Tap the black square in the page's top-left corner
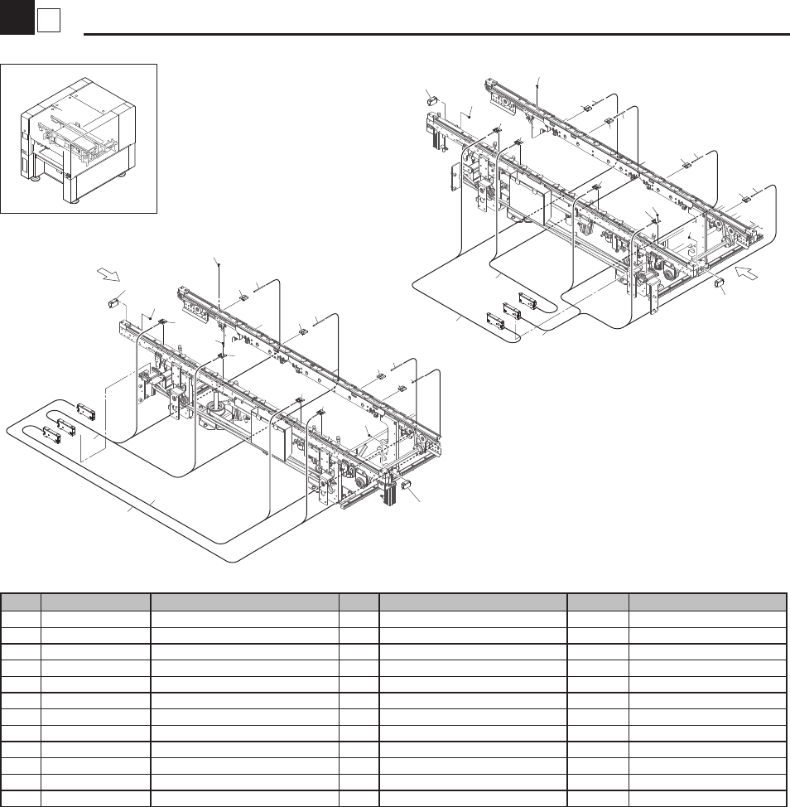(x=17, y=18)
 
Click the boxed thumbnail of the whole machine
(x=79, y=138)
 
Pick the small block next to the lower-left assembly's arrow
(x=115, y=302)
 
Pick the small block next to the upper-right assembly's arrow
(x=720, y=284)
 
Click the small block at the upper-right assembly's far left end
(x=431, y=101)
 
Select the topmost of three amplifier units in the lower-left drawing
(x=86, y=412)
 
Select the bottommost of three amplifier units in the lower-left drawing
(x=54, y=432)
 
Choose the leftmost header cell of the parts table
(x=22, y=602)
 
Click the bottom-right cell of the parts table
(x=706, y=799)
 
